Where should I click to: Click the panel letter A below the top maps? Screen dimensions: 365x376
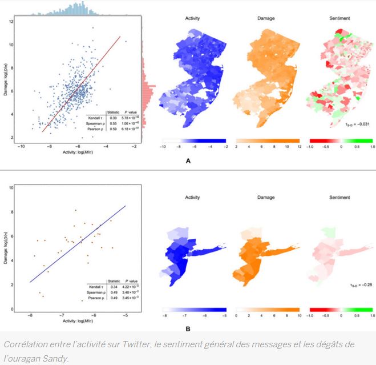coord(188,161)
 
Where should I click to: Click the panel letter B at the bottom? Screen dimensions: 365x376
coord(188,328)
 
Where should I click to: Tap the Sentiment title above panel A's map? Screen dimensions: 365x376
coord(340,18)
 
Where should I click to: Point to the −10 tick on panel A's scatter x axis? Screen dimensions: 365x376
coord(21,147)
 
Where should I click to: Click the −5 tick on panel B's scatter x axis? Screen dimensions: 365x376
coord(125,314)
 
